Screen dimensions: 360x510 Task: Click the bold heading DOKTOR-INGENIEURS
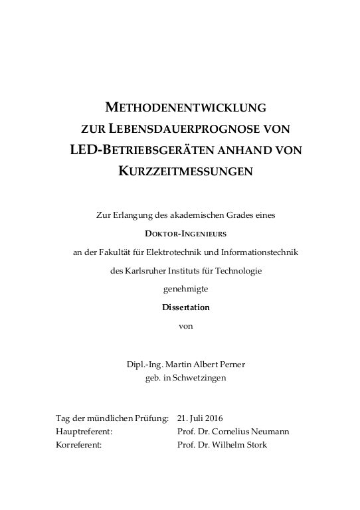(186, 233)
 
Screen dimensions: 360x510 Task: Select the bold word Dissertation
(186, 307)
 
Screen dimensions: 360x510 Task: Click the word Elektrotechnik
(190, 252)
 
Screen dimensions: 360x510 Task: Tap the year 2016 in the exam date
(213, 418)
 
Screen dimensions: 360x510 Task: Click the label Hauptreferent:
(84, 431)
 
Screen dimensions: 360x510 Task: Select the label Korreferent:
(79, 444)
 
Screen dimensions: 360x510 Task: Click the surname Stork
(254, 444)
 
